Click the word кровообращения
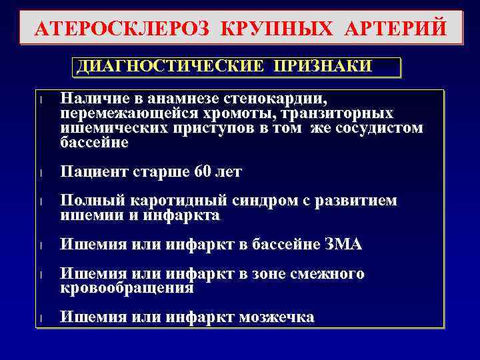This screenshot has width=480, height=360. (127, 289)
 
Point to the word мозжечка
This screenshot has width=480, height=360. (276, 318)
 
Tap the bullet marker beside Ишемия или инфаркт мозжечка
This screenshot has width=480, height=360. (41, 319)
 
